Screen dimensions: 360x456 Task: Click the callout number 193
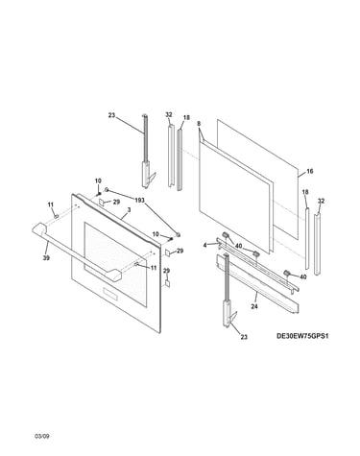139,201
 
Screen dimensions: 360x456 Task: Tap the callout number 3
129,209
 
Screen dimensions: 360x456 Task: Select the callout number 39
46,258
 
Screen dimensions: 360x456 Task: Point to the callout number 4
204,245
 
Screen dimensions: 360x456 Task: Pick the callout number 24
254,306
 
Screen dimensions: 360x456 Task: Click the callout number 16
310,171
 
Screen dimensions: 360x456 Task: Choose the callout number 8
199,123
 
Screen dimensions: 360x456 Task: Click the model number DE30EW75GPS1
302,336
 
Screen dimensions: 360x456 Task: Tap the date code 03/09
42,436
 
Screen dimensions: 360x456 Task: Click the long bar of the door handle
75,252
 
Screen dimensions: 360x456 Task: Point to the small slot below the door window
109,294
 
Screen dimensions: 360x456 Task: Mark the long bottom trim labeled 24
257,283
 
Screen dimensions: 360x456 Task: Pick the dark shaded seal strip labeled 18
180,159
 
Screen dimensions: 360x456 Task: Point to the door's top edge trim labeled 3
118,219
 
